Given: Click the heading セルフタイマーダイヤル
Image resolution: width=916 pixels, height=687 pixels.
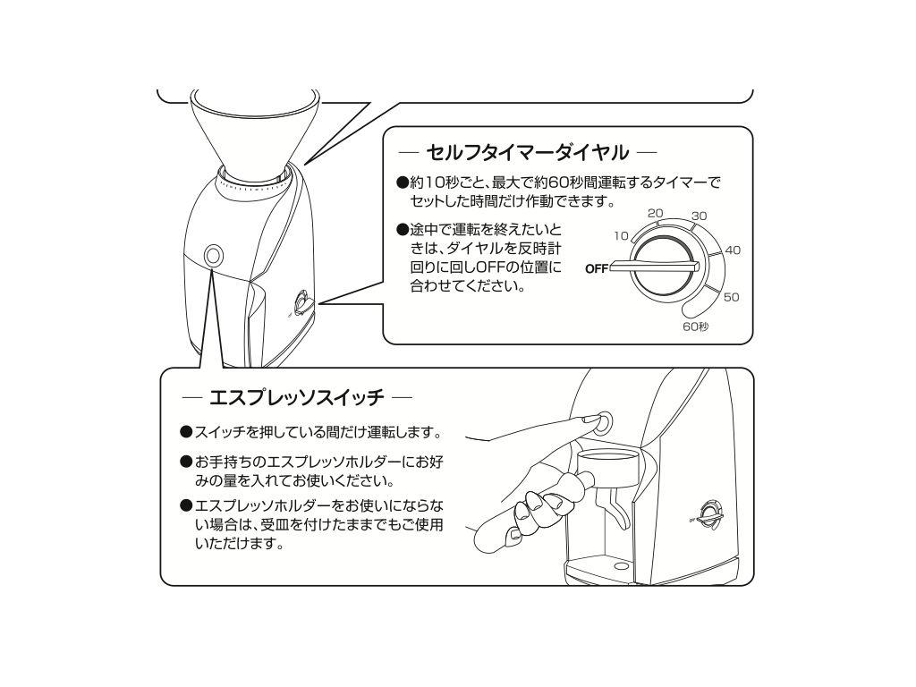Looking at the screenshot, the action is pos(527,152).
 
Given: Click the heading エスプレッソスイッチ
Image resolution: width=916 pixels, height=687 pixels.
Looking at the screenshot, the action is pos(297,398).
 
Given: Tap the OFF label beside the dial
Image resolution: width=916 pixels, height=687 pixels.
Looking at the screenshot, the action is pos(597,268).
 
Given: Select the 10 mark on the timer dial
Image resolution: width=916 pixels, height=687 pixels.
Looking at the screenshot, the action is pos(621,235).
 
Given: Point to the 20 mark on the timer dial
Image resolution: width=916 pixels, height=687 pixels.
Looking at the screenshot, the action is pos(656,213).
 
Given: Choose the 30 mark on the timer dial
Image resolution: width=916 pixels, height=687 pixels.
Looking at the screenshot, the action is pos(699,216).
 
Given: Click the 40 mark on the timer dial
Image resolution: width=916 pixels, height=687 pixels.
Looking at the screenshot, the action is pos(733,250).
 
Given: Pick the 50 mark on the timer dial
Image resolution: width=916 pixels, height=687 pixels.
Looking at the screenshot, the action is pos(732,297).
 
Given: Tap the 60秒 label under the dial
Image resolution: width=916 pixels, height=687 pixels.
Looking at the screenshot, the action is pos(695,327).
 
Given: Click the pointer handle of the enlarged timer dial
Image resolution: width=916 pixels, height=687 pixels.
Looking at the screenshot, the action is pos(654,267).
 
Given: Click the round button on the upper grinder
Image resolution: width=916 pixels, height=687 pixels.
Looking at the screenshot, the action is pos(213,256).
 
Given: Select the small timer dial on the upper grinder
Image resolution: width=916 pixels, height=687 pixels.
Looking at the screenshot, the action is pos(303,302).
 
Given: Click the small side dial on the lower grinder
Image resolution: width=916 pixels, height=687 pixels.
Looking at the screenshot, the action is pos(711,514).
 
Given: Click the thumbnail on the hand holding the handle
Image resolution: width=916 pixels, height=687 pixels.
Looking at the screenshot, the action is pos(513,534).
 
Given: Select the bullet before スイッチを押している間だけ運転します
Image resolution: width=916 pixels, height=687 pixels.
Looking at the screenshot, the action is pos(186,432).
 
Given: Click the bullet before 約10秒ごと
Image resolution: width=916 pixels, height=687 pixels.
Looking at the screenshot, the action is pos(402,182).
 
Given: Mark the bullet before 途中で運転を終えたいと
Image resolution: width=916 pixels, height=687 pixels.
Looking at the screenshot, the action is pos(402,230).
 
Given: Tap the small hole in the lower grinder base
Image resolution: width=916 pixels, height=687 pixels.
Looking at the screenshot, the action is pos(617,566).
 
